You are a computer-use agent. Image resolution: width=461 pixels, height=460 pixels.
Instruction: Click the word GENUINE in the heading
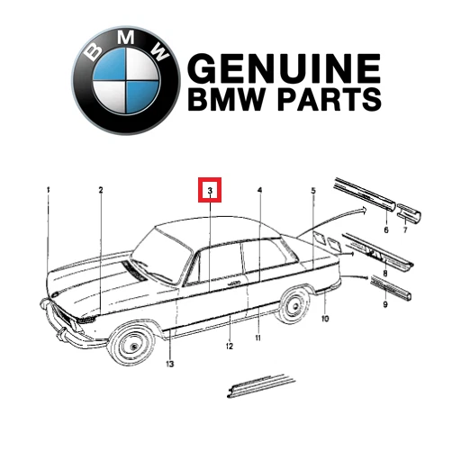click(285, 68)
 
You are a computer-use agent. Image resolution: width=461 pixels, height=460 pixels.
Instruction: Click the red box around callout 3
click(210, 190)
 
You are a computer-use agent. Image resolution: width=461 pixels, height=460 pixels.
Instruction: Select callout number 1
click(48, 190)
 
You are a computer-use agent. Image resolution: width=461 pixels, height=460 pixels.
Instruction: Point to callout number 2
click(101, 190)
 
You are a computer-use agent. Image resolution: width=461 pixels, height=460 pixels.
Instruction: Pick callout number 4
click(260, 190)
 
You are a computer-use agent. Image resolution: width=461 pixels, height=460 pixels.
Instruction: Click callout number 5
click(313, 191)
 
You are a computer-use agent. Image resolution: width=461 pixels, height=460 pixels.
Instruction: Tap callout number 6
click(386, 230)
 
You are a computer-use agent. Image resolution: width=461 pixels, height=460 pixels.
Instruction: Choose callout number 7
click(405, 230)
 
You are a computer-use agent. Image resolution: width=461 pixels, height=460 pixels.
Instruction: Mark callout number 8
click(385, 274)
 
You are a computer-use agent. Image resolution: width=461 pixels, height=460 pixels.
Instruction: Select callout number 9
click(385, 304)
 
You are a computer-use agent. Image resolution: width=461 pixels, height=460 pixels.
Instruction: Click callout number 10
click(325, 319)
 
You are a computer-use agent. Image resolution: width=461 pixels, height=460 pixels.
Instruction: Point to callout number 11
click(258, 338)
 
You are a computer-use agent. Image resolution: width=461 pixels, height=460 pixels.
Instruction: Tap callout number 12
click(230, 347)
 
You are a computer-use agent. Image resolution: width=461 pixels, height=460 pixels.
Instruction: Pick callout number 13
click(170, 364)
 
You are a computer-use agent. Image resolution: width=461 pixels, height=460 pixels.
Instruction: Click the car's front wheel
click(131, 346)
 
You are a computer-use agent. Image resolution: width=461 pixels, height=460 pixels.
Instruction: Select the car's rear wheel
click(294, 306)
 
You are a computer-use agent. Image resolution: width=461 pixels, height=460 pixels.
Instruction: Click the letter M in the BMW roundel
click(126, 38)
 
